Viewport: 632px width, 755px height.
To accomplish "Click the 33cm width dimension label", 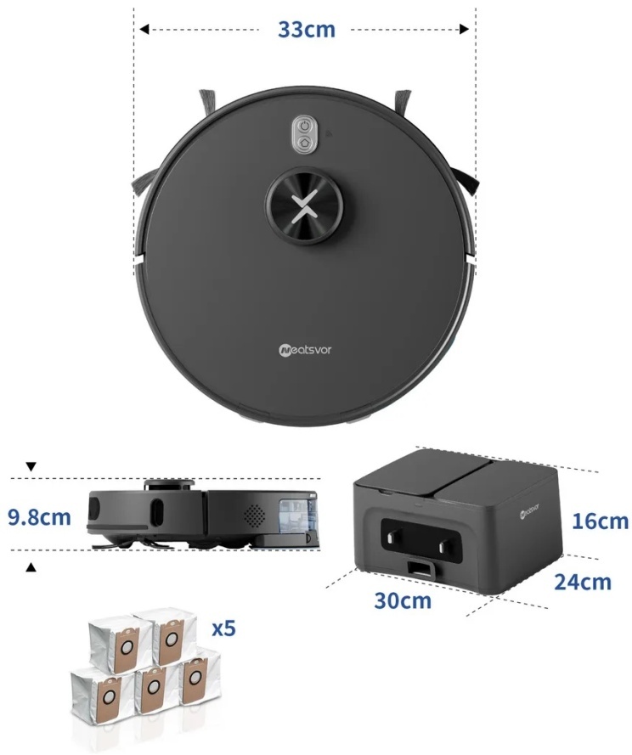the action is coord(307,30).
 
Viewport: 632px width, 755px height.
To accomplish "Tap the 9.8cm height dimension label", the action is coord(39,517).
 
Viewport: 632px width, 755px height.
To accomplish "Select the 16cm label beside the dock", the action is coord(601,521).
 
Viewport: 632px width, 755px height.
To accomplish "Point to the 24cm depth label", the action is coord(583,582).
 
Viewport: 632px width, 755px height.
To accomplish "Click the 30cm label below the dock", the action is coord(403,600).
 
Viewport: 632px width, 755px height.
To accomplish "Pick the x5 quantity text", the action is coord(224,628).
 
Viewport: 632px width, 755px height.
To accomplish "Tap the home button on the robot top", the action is coord(304,143).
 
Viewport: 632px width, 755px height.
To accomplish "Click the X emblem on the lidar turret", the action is coord(304,206).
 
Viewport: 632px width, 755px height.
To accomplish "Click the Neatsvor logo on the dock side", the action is coord(529,511).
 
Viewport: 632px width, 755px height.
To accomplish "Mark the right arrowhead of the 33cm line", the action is coord(464,30).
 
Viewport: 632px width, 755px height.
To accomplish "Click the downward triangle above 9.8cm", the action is coord(31,466).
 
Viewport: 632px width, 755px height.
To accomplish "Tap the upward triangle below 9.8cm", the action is coord(31,568).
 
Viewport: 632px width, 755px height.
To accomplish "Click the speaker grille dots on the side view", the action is coord(256,516).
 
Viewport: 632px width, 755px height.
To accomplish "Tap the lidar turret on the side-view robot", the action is coord(169,485).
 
